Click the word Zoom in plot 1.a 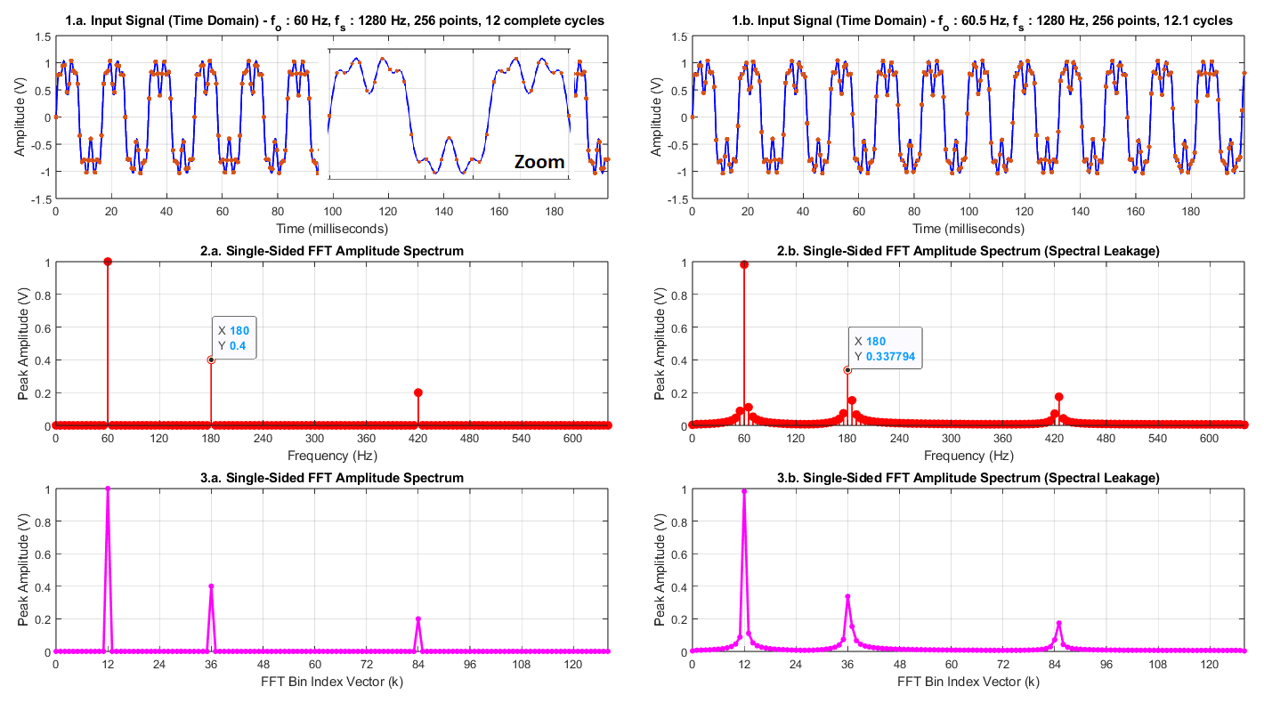[x=539, y=162]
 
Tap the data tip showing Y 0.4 [x=233, y=337]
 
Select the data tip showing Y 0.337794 [x=885, y=348]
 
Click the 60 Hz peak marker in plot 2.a [x=108, y=262]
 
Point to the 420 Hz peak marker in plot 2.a [x=418, y=392]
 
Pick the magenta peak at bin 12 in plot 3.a [x=108, y=489]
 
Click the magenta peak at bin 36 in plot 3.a [x=211, y=586]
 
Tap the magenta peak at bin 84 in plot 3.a [x=418, y=619]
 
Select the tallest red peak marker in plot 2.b [x=744, y=264]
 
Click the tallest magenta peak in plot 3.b [x=744, y=491]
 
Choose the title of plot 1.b [x=982, y=21]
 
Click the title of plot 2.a [x=332, y=251]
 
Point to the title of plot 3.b [x=968, y=478]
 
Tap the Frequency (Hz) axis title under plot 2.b [x=968, y=456]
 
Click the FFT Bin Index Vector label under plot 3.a [x=332, y=682]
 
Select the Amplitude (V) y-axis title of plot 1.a [x=20, y=117]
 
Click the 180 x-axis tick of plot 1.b [x=1191, y=212]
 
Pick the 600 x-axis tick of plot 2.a [x=572, y=439]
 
